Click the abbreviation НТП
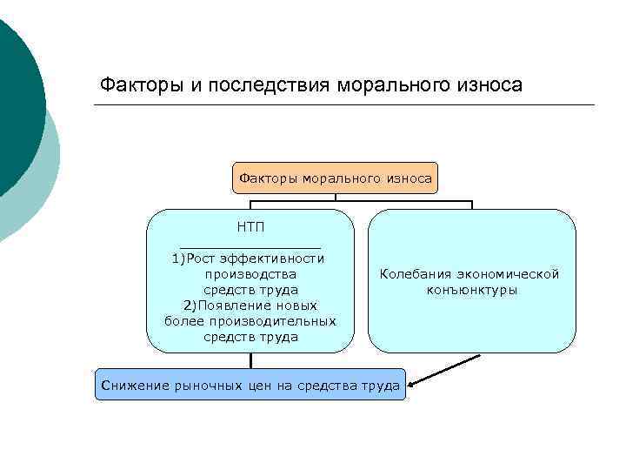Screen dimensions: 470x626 250,226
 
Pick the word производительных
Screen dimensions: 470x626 284,321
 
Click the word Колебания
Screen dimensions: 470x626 416,274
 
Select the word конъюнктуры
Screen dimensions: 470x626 472,290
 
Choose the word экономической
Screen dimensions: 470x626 510,274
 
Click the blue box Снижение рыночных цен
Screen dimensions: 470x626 250,384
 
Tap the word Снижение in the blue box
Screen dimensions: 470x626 130,384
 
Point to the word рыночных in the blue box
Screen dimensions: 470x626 202,384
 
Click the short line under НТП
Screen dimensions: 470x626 250,246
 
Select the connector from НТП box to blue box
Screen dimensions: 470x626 250,359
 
